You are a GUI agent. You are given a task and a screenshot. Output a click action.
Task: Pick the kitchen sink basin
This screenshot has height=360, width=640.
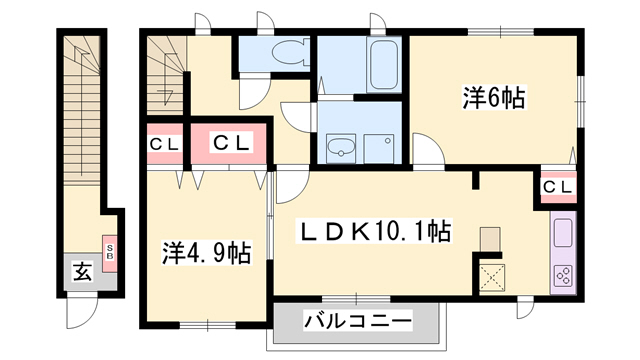[x=562, y=236]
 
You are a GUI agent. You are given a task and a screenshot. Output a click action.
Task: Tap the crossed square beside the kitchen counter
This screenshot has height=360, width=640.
[x=491, y=272]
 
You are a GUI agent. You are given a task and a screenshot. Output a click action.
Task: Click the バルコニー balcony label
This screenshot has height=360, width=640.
[x=356, y=322]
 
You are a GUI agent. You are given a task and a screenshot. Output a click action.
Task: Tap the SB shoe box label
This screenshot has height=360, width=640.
[x=109, y=247]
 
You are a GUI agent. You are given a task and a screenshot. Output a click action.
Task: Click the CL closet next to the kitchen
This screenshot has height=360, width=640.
[x=559, y=186]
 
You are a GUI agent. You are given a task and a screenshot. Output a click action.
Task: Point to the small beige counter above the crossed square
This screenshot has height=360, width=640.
[x=490, y=239]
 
